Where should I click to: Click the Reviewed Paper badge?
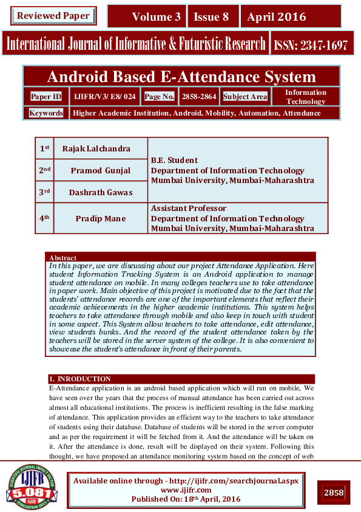53,16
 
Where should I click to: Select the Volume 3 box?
146,17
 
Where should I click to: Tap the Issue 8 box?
212,17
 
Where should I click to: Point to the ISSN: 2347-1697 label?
311,44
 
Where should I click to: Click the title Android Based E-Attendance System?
181,77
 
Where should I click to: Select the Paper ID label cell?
46,97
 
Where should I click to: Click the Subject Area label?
245,97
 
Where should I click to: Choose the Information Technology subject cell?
305,97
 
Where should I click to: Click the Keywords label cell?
46,113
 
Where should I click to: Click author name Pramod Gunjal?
100,170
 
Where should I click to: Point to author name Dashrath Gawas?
100,192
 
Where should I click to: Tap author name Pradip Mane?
100,218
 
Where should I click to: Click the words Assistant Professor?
188,209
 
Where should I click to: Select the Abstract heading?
62,258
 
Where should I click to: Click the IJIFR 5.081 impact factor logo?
32,486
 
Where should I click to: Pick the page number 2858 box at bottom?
334,493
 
